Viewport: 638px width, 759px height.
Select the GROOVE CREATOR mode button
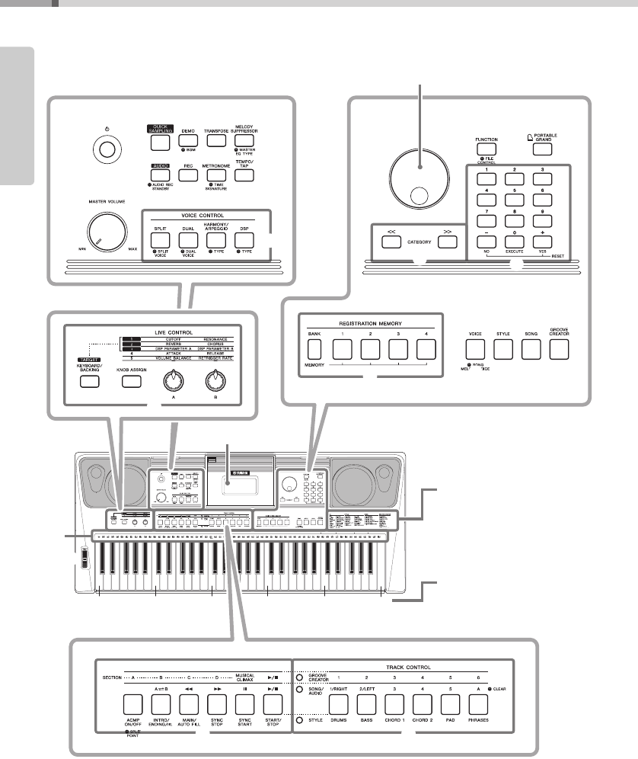[560, 350]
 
